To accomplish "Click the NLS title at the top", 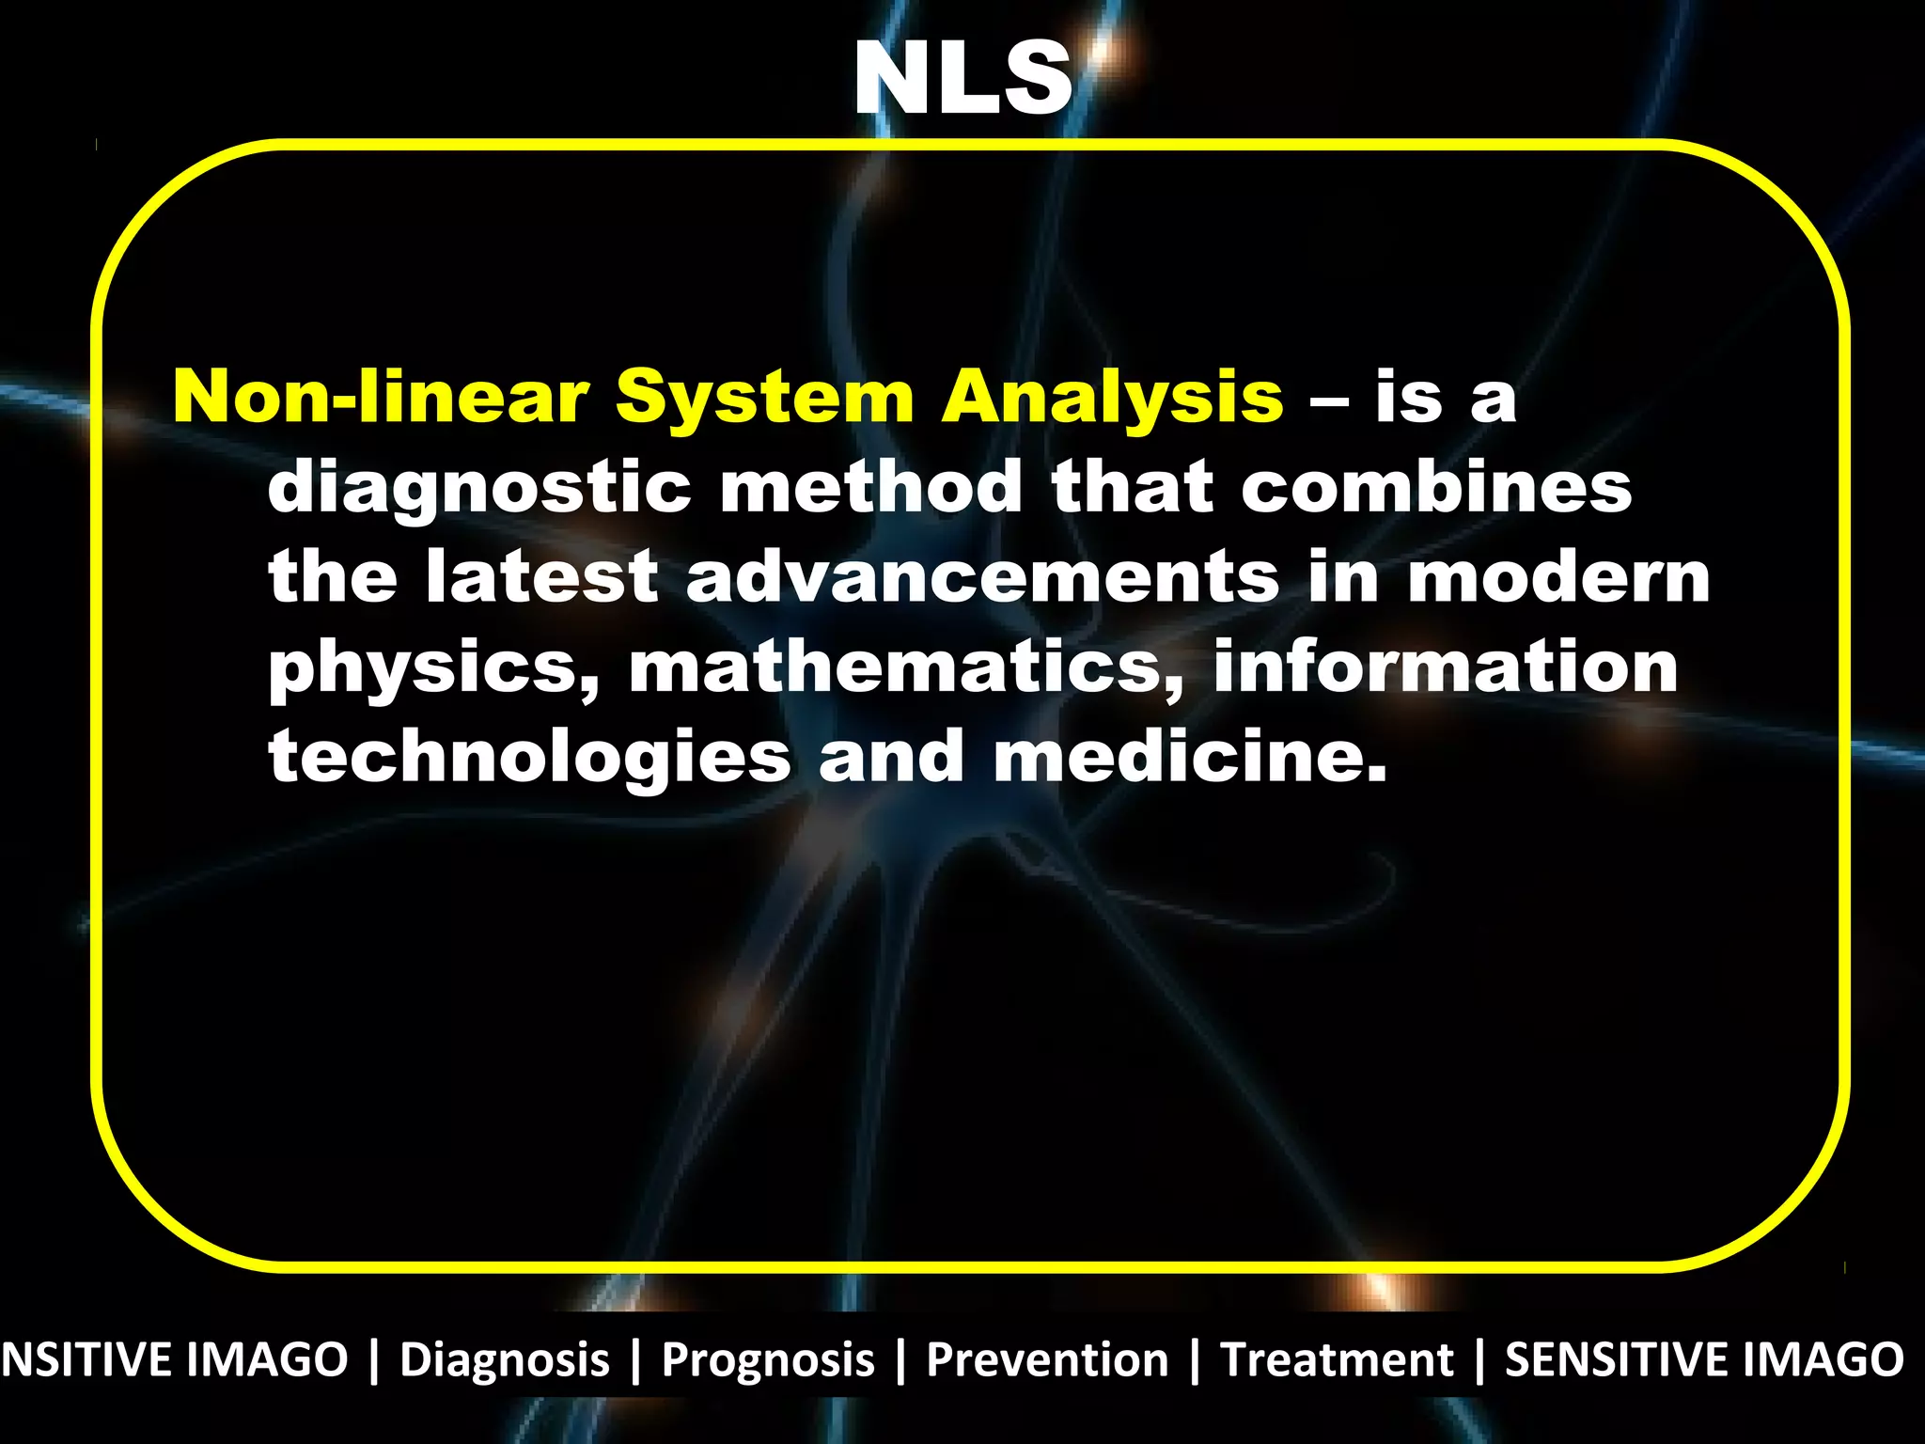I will pos(962,79).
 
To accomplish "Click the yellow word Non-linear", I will pos(381,397).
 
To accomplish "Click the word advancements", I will pos(982,576).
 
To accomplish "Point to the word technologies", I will pos(530,758).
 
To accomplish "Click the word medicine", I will pos(1190,756).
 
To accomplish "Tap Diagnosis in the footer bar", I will pos(505,1360).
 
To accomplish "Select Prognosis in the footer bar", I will pos(768,1360).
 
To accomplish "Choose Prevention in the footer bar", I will pos(1047,1360).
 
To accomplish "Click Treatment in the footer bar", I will pos(1336,1360).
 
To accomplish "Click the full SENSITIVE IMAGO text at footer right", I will pos(1704,1360).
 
